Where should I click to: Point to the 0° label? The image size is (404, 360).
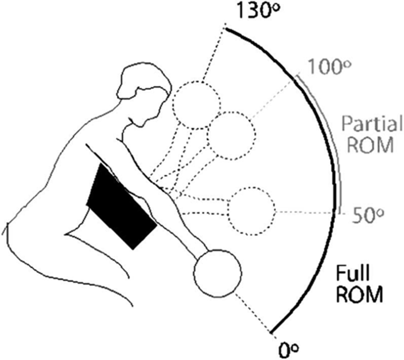point(289,350)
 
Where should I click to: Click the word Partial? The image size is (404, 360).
point(371,124)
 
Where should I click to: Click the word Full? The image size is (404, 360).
point(353,274)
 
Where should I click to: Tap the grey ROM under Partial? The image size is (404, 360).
point(370,145)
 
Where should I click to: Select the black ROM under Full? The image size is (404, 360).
point(360,295)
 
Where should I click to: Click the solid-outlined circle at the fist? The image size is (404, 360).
point(218,274)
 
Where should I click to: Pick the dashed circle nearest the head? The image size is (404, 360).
point(197,105)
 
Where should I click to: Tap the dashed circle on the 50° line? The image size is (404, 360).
point(251,212)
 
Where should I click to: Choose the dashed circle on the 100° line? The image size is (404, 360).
point(231,136)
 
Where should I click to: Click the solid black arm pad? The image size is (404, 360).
point(122,206)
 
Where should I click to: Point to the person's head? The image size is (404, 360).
point(144,94)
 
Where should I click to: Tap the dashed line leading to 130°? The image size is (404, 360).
point(214,54)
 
